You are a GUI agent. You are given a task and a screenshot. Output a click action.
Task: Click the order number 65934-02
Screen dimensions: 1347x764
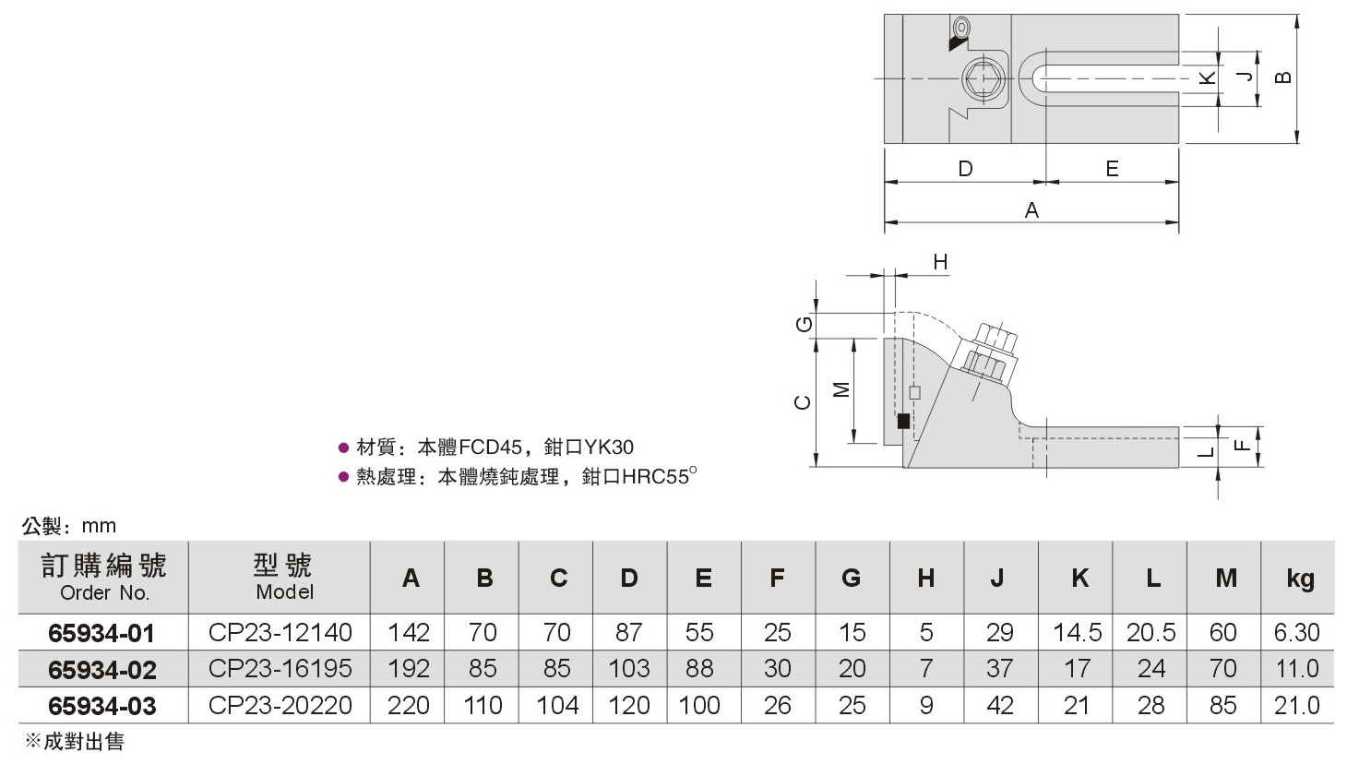102,670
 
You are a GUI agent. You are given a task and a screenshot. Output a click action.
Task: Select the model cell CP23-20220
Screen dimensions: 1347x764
280,705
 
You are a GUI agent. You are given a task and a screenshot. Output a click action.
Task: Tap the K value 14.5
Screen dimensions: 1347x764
1078,632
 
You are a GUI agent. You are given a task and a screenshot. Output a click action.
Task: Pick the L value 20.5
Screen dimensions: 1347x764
1151,632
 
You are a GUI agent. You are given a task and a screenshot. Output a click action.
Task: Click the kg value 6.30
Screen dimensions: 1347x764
1297,632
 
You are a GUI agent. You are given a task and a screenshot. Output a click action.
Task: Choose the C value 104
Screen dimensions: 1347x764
557,705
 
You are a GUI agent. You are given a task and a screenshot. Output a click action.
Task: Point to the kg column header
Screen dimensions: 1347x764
1300,579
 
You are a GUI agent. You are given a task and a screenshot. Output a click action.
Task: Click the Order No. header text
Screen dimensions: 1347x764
104,593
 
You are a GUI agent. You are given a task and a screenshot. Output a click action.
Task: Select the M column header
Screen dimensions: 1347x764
1226,579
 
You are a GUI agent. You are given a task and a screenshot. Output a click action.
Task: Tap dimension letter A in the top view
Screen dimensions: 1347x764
1031,210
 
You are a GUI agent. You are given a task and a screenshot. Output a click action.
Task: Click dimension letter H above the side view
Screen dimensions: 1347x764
940,262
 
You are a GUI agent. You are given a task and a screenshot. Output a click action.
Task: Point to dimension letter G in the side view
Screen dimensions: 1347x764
804,325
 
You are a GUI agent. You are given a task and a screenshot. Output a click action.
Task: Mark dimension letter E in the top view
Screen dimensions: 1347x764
1112,169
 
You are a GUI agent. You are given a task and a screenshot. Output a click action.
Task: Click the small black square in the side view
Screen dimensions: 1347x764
903,421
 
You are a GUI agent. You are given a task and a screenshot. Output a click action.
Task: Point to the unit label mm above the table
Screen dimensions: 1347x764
99,526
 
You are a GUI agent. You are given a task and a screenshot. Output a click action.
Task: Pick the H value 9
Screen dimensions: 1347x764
926,705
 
